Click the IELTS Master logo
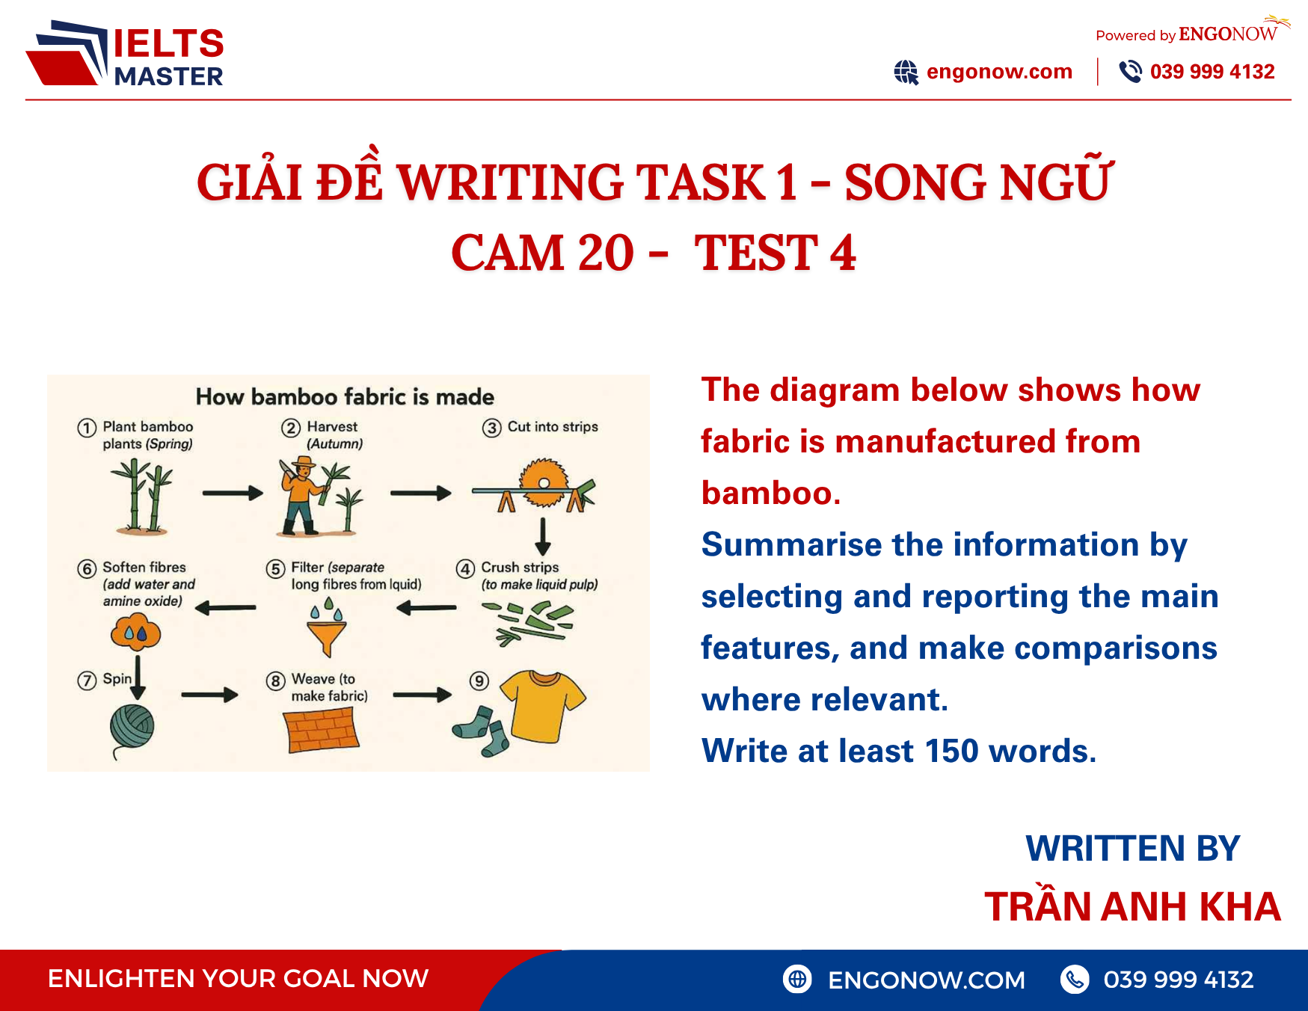pyautogui.click(x=125, y=54)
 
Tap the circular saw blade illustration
pyautogui.click(x=544, y=482)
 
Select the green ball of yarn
pyautogui.click(x=132, y=726)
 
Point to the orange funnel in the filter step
pyautogui.click(x=327, y=638)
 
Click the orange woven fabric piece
pyautogui.click(x=322, y=730)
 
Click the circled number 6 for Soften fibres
pyautogui.click(x=87, y=569)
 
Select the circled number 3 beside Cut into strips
pyautogui.click(x=491, y=428)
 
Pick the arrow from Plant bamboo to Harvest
pyautogui.click(x=233, y=493)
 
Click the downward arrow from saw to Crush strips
pyautogui.click(x=544, y=536)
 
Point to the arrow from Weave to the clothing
pyautogui.click(x=423, y=695)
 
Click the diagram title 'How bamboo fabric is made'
pyautogui.click(x=345, y=397)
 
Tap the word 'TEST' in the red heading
pyautogui.click(x=755, y=253)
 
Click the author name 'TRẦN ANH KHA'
pyautogui.click(x=1132, y=907)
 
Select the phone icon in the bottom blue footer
pyautogui.click(x=1075, y=979)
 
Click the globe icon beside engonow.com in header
pyautogui.click(x=906, y=73)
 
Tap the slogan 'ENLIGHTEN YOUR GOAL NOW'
pyautogui.click(x=238, y=978)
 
